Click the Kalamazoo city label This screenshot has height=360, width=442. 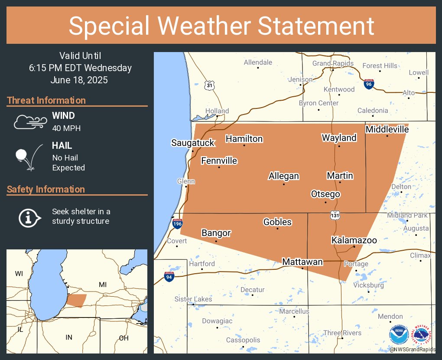[354, 240]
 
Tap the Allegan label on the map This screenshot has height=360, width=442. [284, 176]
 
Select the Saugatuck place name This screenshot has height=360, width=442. [193, 143]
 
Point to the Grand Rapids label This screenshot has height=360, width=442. [333, 63]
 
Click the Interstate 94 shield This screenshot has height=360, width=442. [169, 276]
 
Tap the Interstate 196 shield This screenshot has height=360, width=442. [177, 223]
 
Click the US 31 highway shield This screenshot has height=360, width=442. [210, 85]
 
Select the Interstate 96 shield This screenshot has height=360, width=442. [369, 84]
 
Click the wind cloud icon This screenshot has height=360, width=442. [29, 122]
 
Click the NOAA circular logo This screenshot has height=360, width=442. [398, 335]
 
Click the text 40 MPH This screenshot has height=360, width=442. [66, 128]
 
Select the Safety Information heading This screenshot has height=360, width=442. [46, 190]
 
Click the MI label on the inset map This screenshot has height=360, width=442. [103, 285]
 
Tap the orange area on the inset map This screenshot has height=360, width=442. [77, 300]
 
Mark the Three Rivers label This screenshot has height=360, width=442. [342, 333]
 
